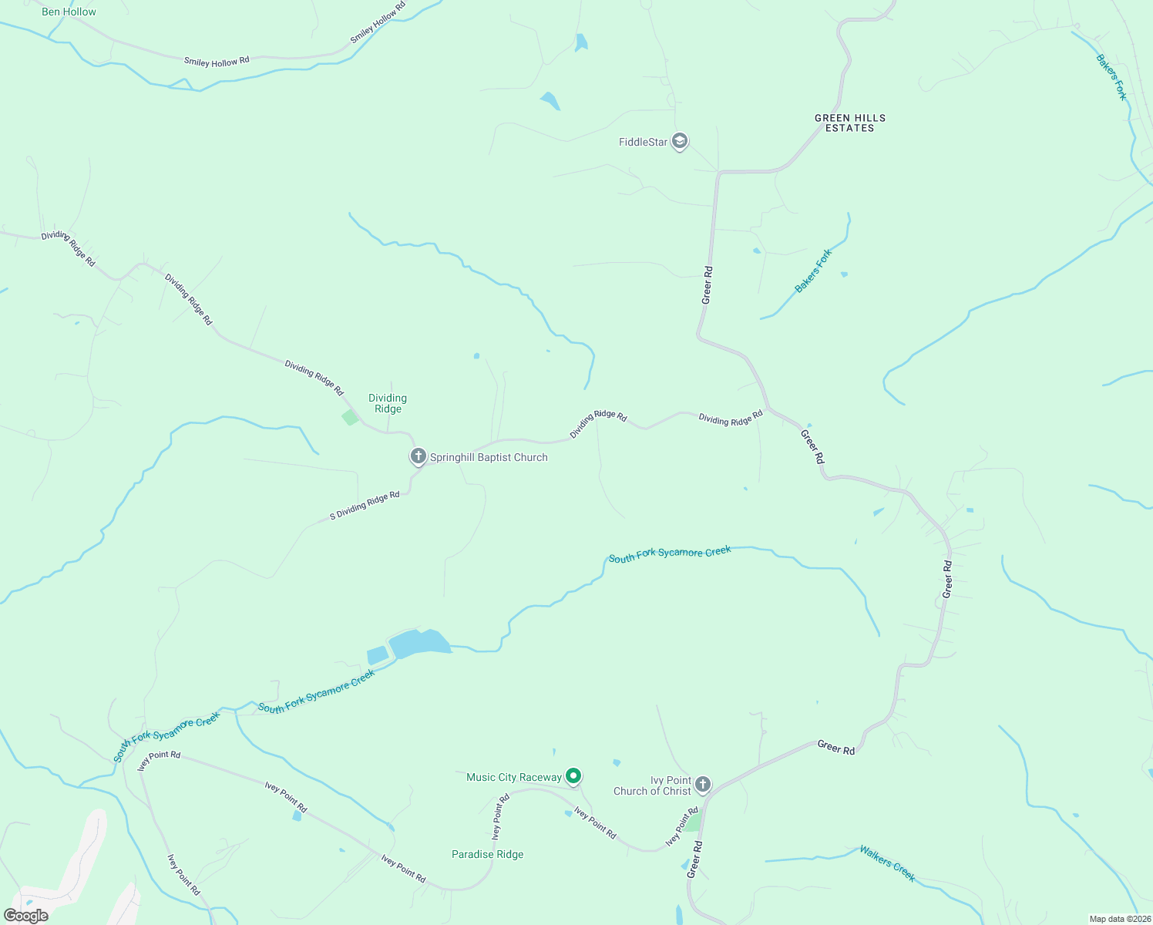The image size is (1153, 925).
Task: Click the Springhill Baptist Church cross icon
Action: click(418, 456)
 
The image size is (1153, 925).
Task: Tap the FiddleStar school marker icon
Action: click(679, 142)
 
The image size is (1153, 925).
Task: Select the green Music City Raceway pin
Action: click(573, 776)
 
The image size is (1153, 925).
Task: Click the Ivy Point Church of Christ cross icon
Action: click(702, 785)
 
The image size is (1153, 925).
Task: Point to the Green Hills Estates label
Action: click(850, 123)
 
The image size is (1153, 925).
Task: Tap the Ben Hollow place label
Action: click(69, 12)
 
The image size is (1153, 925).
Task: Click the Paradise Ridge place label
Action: click(487, 854)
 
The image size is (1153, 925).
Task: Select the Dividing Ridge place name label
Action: click(388, 403)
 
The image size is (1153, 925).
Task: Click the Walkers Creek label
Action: click(887, 863)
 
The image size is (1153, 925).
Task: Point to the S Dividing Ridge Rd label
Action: click(365, 506)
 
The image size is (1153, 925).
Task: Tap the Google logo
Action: click(25, 916)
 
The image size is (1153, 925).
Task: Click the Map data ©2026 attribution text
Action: click(1118, 919)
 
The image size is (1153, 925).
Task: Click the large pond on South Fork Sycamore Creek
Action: click(418, 643)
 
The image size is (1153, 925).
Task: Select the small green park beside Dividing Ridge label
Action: click(351, 417)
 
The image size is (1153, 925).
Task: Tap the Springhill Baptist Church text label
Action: click(489, 457)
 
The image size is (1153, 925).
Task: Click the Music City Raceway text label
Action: click(514, 777)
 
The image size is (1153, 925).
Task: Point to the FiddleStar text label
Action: click(643, 142)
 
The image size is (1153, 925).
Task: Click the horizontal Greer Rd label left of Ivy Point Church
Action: click(836, 748)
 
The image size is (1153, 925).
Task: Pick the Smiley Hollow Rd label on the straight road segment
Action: click(217, 61)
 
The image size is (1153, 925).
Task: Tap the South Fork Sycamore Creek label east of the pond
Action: click(670, 553)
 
